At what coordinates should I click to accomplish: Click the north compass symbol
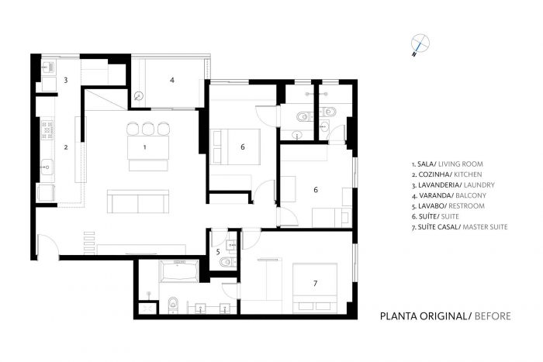[420, 44]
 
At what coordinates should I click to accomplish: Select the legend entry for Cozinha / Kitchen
[447, 174]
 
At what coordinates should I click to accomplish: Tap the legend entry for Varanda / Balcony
[449, 195]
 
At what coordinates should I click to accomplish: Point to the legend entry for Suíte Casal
[459, 227]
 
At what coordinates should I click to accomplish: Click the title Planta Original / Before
[445, 316]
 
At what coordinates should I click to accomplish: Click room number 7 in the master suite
[315, 284]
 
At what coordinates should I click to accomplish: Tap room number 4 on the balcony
[172, 81]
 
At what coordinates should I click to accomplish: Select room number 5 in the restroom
[218, 252]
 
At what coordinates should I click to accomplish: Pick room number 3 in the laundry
[65, 81]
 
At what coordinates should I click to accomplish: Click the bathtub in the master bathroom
[179, 271]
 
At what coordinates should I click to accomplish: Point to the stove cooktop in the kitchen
[47, 129]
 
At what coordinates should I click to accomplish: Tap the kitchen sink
[47, 167]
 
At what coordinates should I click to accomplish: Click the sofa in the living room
[138, 201]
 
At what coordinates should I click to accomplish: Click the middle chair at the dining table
[148, 129]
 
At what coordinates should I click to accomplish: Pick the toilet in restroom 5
[227, 262]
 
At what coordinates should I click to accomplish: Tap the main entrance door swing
[48, 246]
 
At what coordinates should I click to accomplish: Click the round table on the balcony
[139, 96]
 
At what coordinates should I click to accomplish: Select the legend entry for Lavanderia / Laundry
[453, 185]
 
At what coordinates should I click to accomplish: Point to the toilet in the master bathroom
[172, 304]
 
